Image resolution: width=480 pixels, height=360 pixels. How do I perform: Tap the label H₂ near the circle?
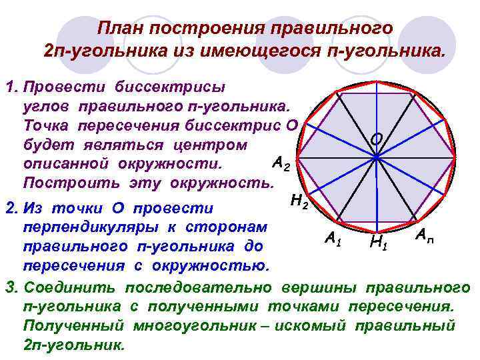pyautogui.click(x=299, y=199)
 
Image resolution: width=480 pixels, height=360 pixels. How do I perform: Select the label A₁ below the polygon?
pyautogui.click(x=331, y=238)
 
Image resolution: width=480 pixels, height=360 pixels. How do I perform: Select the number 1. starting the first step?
pyautogui.click(x=11, y=88)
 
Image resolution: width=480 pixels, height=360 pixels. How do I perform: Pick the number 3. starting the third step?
pyautogui.click(x=11, y=288)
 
